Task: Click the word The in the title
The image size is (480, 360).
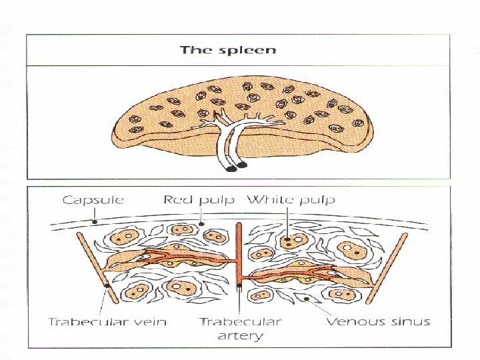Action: tap(195, 50)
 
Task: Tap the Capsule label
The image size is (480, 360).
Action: tap(93, 199)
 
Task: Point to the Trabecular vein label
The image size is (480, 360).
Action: tap(107, 322)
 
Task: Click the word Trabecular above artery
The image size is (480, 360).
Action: tap(240, 322)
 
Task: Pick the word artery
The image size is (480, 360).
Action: tap(240, 335)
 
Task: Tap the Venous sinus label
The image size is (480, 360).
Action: tap(377, 322)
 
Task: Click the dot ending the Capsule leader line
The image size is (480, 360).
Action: tap(95, 221)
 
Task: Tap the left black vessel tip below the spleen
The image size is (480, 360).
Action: tap(231, 169)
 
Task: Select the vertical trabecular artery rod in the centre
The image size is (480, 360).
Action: tap(239, 260)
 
